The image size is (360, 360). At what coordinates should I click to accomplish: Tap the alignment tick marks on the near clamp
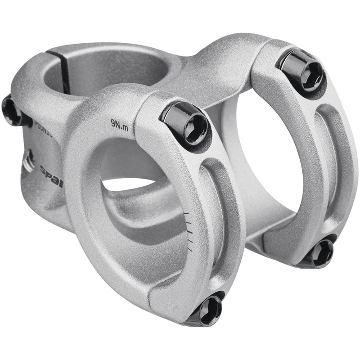[190, 229]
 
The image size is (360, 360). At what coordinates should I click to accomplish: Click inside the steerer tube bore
[103, 72]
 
